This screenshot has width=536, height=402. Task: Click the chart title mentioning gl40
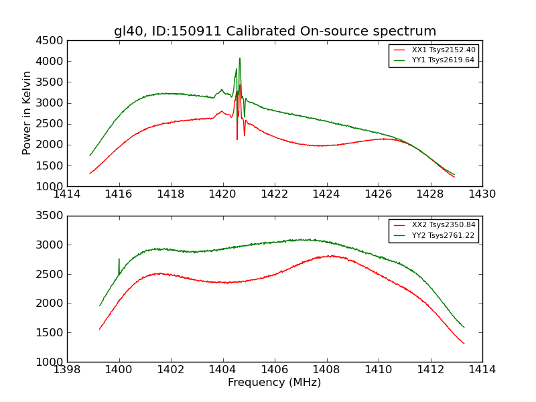[275, 31]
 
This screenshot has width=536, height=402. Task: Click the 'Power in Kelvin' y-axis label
[27, 113]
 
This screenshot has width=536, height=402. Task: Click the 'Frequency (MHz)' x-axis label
[274, 383]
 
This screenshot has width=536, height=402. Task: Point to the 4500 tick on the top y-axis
[51, 40]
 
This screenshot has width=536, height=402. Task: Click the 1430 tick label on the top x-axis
[482, 194]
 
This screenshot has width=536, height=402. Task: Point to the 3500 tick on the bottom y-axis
[51, 216]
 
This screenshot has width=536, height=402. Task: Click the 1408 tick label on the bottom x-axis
[326, 369]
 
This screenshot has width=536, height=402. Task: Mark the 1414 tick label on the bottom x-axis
[482, 369]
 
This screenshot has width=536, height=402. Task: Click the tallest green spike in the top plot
[239, 58]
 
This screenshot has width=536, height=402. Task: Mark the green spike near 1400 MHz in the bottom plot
[119, 259]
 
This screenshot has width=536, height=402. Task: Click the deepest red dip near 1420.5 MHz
[237, 139]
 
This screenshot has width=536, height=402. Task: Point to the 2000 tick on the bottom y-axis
[51, 304]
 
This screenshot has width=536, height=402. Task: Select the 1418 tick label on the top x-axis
[171, 194]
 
